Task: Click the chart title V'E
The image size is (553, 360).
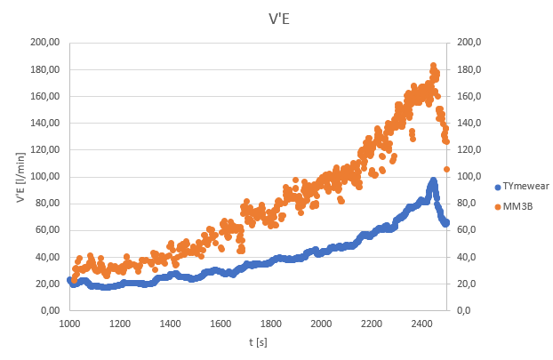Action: tap(276, 19)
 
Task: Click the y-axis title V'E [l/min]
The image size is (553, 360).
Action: tap(20, 176)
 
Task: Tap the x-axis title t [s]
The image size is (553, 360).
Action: tap(259, 341)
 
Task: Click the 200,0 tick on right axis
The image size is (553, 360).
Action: tap(469, 42)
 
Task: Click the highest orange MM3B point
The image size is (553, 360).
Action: tap(433, 66)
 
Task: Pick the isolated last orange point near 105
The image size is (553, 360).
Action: tap(447, 169)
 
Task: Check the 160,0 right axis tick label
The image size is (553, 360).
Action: tap(469, 96)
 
